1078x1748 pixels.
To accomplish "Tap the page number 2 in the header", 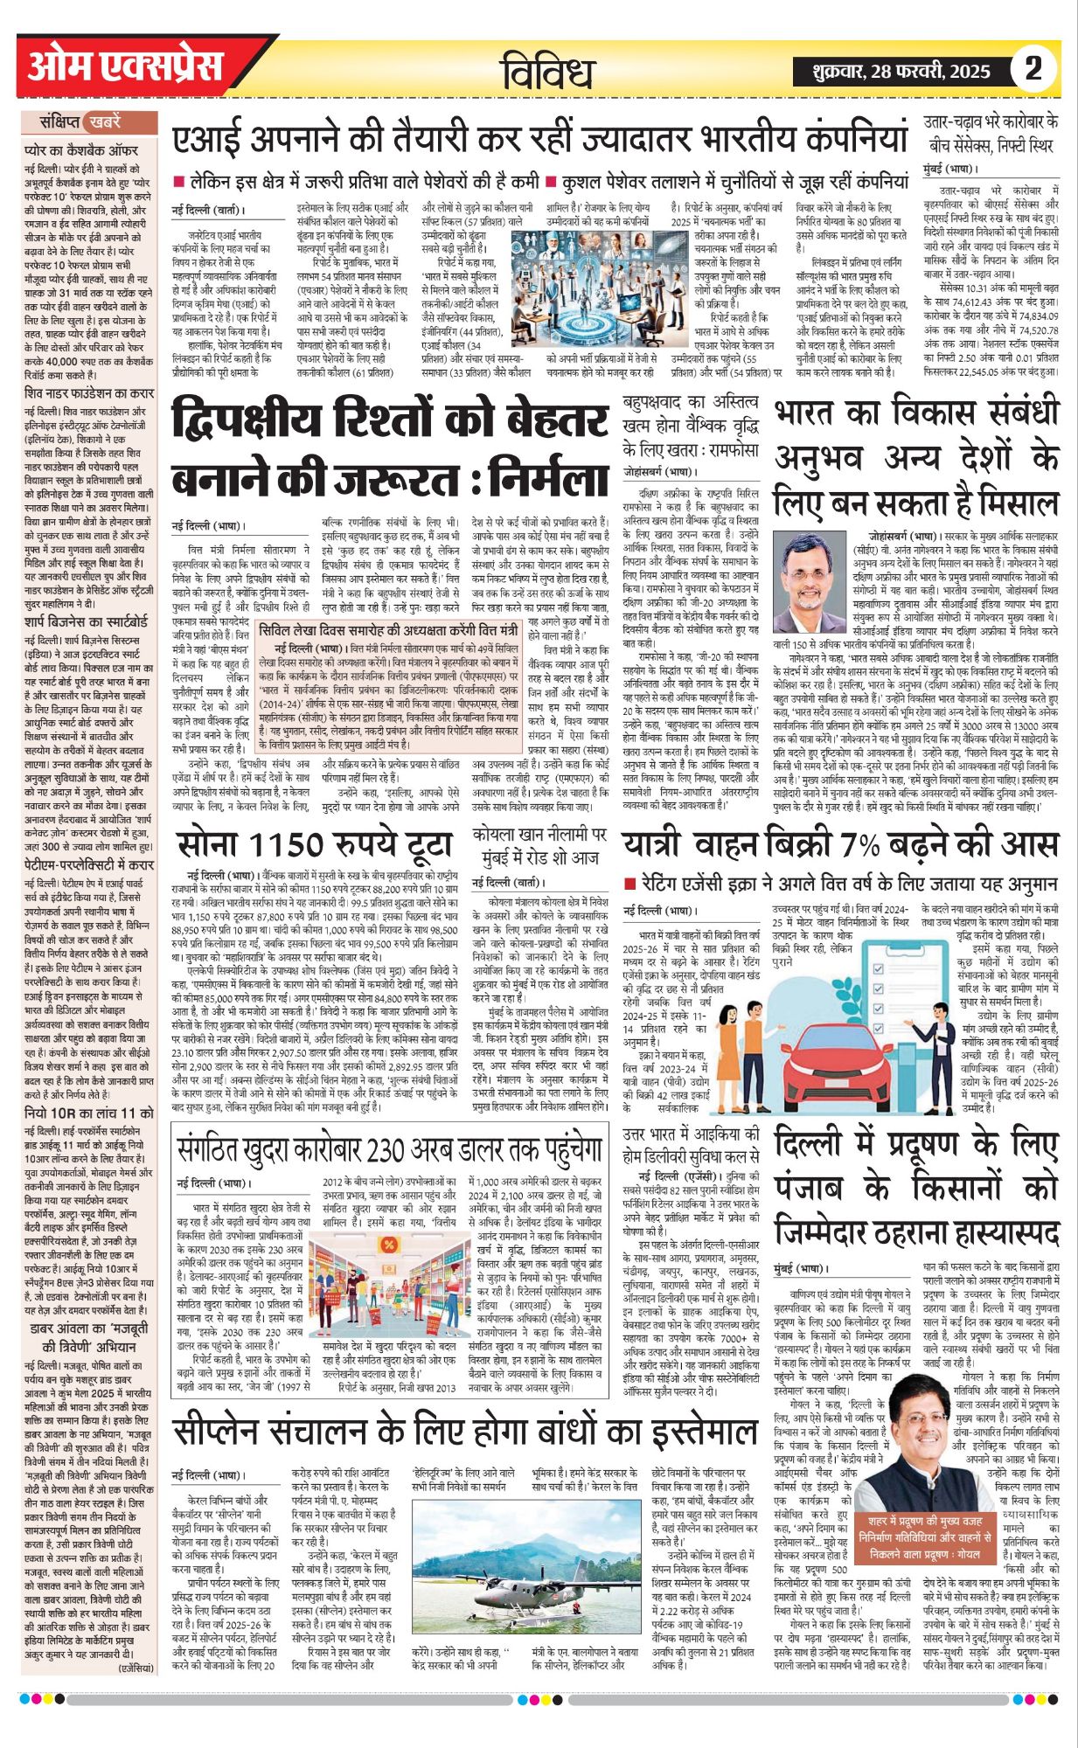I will coord(1033,68).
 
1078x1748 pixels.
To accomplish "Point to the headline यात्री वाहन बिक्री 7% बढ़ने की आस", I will coord(839,844).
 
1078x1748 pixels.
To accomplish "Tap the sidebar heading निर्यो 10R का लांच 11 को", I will coord(89,1113).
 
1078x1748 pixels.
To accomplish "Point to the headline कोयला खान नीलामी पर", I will coord(539,845).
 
